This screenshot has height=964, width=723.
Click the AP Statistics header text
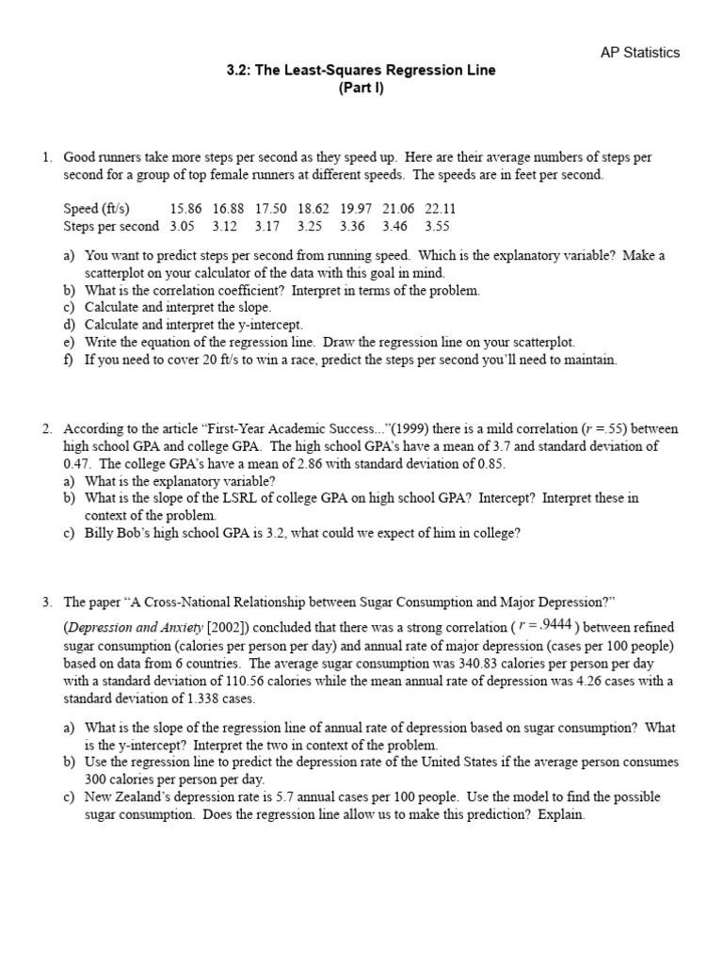tap(639, 53)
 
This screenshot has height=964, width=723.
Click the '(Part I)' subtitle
tap(361, 88)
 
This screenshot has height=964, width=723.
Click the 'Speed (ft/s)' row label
tap(97, 209)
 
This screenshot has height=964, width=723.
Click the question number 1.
tap(47, 157)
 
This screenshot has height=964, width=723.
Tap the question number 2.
tap(47, 429)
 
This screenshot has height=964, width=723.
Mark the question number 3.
tap(47, 602)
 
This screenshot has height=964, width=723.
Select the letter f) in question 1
tap(70, 360)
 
